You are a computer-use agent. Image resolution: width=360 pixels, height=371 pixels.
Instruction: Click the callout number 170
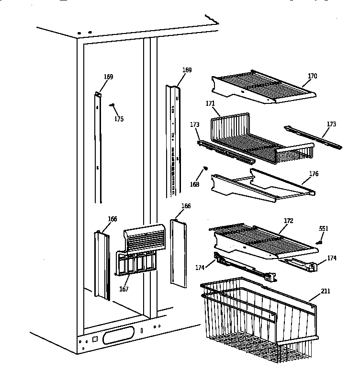(x=312, y=76)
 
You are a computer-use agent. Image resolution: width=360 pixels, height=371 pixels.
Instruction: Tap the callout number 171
(x=210, y=103)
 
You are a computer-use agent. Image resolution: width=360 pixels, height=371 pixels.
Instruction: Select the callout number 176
(x=314, y=174)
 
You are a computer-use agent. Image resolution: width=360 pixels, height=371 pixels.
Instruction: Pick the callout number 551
(x=324, y=229)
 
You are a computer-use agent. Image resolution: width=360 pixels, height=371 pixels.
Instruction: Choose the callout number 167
(x=124, y=289)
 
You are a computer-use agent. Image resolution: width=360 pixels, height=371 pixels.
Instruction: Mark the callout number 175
(x=119, y=119)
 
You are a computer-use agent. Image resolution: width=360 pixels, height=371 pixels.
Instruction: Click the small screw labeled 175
(x=112, y=105)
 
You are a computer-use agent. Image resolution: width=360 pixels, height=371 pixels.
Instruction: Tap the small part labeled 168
(x=205, y=168)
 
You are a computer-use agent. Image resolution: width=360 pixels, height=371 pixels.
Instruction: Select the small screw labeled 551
(x=319, y=242)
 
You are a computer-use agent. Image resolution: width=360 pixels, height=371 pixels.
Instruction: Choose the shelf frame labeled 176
(x=261, y=184)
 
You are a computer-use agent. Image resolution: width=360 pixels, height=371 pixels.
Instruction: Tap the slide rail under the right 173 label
(x=314, y=137)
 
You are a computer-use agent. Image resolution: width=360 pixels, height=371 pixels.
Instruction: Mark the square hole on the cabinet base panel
(x=95, y=339)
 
